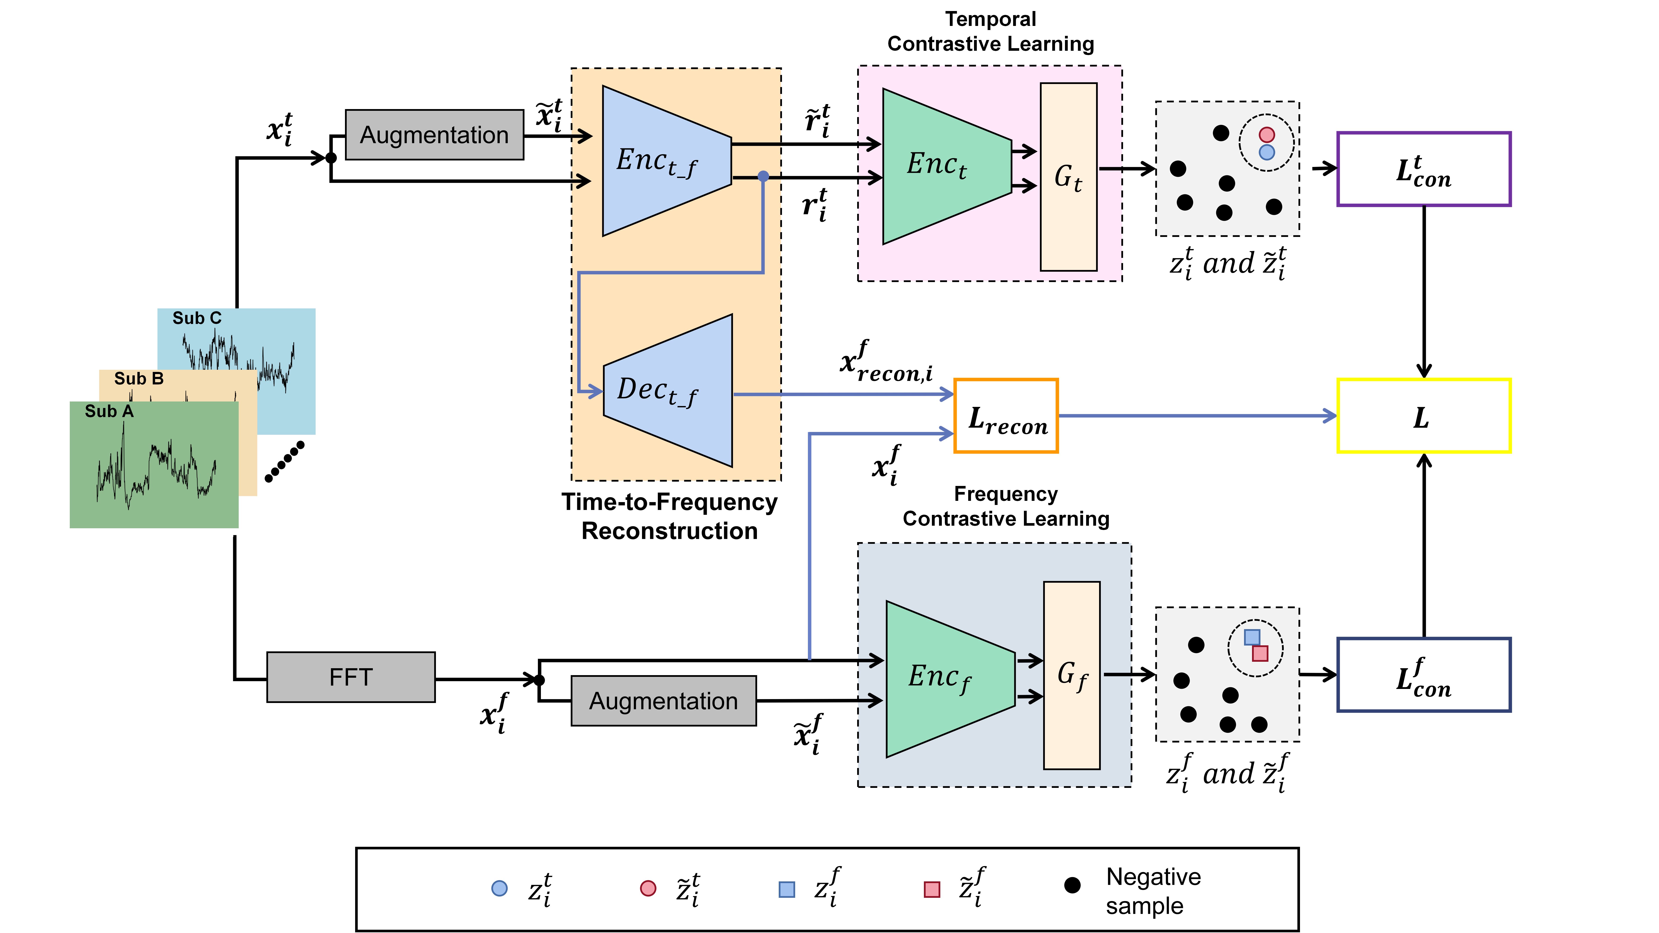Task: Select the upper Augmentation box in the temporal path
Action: coord(434,135)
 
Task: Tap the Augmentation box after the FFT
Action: coord(663,701)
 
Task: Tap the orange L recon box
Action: coord(1006,416)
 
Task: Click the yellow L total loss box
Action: coord(1423,416)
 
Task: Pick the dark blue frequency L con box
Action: coord(1423,675)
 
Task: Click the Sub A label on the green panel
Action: coord(109,411)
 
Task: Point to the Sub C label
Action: coord(196,318)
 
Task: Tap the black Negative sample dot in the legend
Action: coord(1072,885)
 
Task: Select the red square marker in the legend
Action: coord(932,889)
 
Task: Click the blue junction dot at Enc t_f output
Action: coord(763,176)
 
